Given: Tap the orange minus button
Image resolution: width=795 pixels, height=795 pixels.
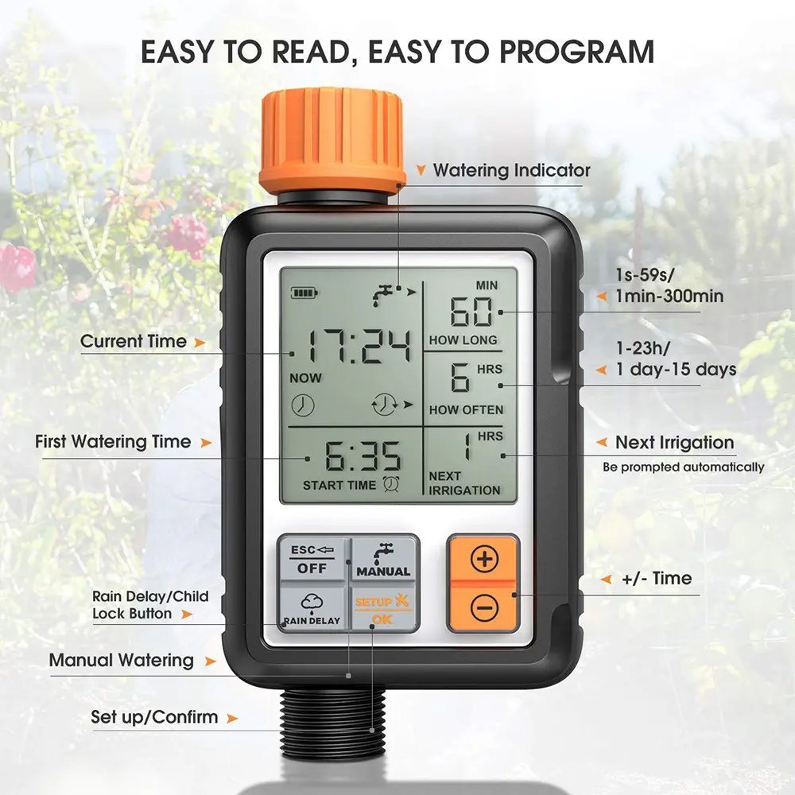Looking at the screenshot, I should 483,609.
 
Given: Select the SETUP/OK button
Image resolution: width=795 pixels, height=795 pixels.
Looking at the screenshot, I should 382,609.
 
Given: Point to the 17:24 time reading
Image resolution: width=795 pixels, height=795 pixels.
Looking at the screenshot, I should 361,347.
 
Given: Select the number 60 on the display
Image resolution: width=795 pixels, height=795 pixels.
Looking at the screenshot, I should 471,312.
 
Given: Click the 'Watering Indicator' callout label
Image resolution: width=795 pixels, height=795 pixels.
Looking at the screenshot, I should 511,170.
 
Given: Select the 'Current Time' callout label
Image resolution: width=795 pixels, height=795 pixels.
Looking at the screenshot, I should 134,342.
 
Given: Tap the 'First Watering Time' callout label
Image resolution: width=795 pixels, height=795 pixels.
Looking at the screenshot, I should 113,442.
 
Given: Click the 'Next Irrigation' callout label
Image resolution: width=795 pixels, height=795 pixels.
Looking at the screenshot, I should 674,443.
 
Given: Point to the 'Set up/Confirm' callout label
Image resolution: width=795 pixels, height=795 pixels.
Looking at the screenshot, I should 154,717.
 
